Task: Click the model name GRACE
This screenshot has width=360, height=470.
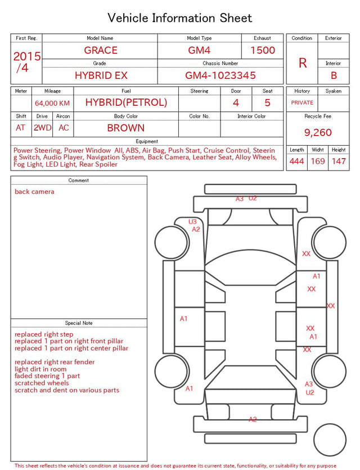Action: click(101, 50)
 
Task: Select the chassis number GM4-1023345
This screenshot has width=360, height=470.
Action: click(220, 75)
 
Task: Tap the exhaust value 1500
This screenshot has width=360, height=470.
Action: click(263, 50)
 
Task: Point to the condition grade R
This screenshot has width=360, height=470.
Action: click(303, 63)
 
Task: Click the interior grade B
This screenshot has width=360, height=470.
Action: click(334, 75)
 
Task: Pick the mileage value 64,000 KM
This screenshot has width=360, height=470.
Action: click(52, 104)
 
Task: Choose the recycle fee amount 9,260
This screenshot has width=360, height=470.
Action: click(318, 132)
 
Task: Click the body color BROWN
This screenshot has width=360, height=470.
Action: click(126, 128)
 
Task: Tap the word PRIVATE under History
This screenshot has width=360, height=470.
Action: click(302, 102)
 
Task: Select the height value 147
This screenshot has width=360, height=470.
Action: click(339, 161)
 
